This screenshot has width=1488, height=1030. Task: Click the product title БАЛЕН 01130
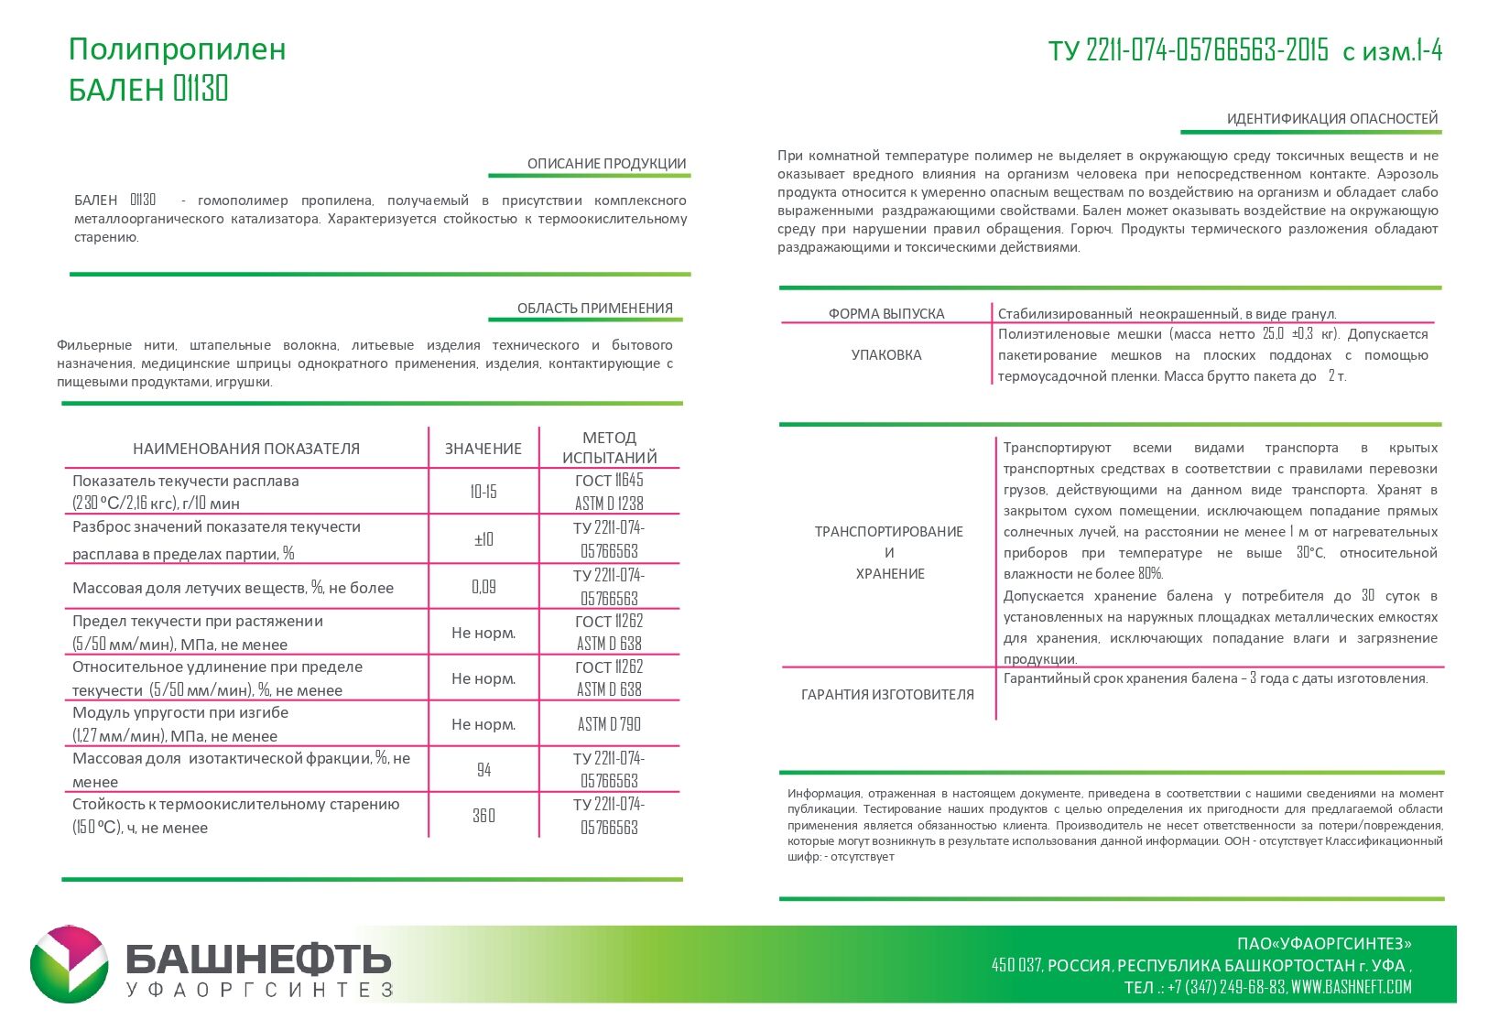148,89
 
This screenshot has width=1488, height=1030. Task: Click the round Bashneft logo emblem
69,964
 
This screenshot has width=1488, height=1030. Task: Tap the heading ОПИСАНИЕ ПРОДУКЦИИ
606,164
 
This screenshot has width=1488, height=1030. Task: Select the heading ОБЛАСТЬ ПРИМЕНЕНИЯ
594,309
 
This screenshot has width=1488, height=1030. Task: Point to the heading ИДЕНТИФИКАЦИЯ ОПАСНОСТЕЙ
1331,119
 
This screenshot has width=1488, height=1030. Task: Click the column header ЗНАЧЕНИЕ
483,449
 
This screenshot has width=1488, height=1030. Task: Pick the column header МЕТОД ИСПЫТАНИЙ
609,448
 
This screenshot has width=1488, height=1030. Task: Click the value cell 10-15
483,492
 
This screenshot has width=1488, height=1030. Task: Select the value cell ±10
483,539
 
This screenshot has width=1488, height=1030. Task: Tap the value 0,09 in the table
483,587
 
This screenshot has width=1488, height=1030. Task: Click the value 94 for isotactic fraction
483,770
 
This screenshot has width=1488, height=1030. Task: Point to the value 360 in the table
483,816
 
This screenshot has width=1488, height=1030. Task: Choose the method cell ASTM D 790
609,724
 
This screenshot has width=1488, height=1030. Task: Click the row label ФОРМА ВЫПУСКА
885,314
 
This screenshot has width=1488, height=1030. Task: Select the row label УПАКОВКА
885,355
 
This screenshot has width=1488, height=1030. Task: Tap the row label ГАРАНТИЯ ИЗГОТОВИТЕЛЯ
886,695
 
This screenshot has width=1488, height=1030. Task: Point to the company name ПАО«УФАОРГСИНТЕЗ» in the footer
1323,944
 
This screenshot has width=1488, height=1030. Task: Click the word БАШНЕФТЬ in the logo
258,960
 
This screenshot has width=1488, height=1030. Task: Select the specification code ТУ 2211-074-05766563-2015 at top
1188,50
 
